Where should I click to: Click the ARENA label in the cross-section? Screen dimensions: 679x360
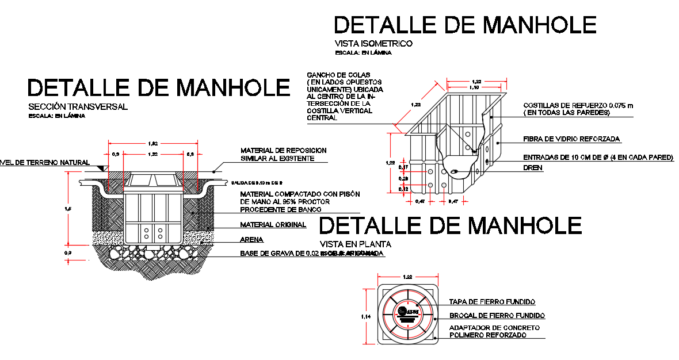[251, 239]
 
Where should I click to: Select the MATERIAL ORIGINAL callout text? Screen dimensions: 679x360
[273, 225]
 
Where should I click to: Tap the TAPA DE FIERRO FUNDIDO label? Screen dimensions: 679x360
[492, 302]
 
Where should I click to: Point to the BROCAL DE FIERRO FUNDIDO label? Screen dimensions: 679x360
[497, 316]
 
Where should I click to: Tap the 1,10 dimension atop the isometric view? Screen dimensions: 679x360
[474, 87]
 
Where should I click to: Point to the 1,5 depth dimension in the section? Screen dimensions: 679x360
[68, 209]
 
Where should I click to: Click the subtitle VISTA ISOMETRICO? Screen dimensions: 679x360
[373, 43]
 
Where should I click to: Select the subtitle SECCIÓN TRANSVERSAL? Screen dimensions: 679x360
[78, 106]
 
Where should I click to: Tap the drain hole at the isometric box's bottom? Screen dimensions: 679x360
[455, 171]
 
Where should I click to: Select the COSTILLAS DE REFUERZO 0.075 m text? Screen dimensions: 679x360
[577, 105]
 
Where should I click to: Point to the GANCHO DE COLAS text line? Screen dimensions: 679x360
[338, 75]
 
